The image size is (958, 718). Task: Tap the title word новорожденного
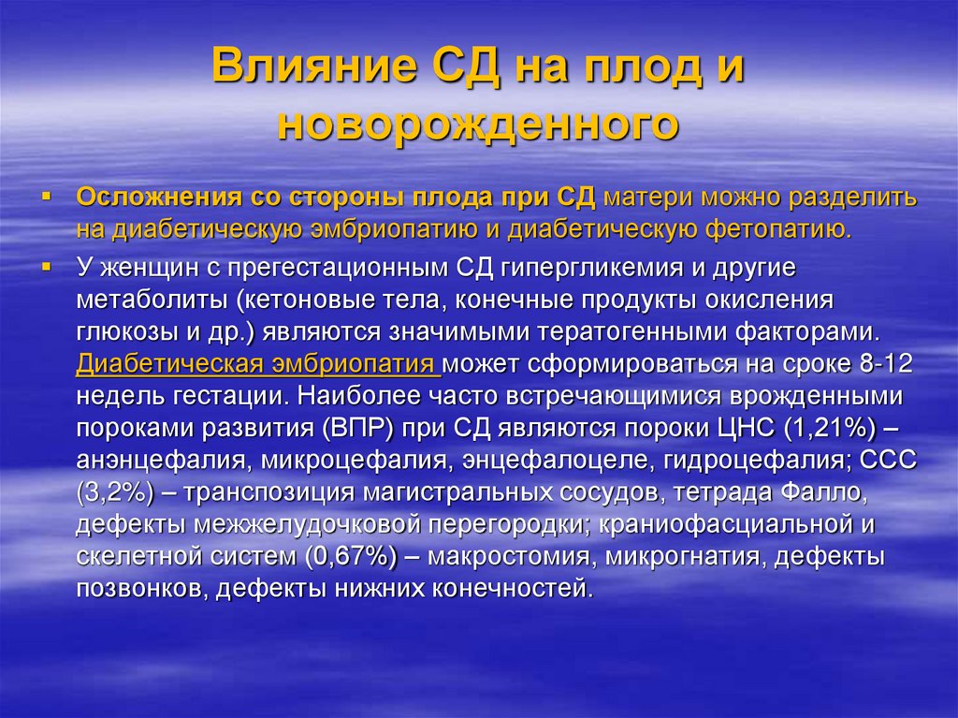point(478,124)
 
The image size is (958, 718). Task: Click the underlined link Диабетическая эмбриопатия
point(258,363)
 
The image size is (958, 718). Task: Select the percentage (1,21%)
point(820,428)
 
